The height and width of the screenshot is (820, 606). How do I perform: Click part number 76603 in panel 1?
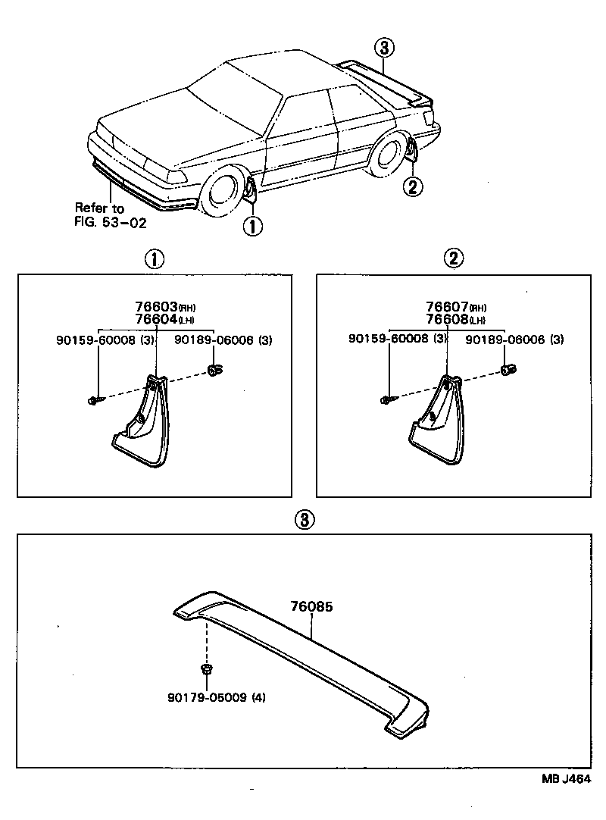156,307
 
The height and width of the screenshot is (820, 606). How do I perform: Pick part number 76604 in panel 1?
156,319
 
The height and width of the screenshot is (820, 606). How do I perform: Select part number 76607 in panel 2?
448,307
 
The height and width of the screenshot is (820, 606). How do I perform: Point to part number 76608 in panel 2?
448,319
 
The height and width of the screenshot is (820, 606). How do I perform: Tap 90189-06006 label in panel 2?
504,340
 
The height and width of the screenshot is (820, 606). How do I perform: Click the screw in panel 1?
94,399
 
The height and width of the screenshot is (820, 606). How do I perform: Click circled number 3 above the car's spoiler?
385,49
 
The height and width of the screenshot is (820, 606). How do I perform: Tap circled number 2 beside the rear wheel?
413,186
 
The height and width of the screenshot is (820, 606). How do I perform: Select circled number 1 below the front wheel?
252,225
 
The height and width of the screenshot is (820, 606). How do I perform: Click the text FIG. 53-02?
111,223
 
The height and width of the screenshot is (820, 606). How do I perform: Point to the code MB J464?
565,778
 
